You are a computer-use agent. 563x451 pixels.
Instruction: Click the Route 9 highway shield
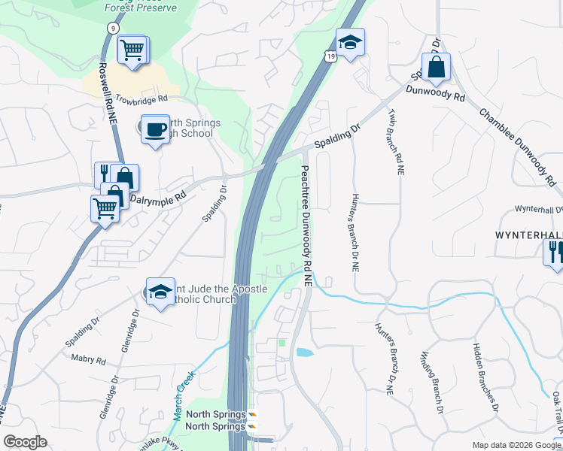[x=112, y=28]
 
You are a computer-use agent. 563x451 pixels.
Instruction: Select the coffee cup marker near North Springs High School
[x=156, y=129]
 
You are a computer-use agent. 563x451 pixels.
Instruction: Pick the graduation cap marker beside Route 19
[x=350, y=43]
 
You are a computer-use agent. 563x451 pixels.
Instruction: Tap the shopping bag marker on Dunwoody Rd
[x=436, y=68]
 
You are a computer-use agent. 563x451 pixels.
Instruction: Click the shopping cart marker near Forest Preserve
[x=133, y=50]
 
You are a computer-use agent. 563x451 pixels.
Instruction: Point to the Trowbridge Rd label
[x=141, y=99]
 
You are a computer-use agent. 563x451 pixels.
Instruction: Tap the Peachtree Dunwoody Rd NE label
[x=306, y=225]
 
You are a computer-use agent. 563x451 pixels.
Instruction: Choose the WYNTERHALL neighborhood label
[x=528, y=235]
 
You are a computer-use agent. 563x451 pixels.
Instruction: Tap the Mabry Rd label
[x=88, y=360]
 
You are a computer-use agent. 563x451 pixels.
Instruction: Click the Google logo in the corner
[x=26, y=442]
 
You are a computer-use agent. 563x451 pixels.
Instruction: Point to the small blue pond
[x=305, y=352]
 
